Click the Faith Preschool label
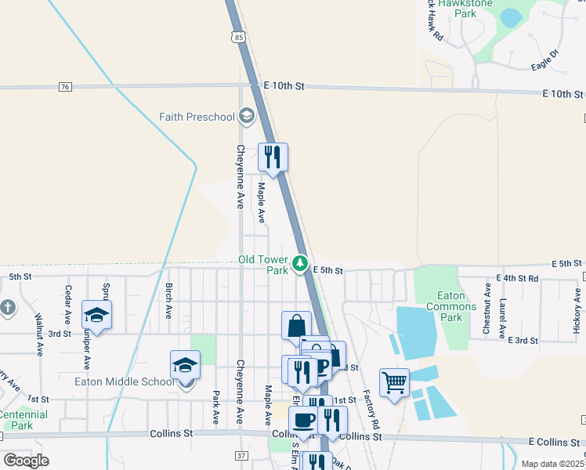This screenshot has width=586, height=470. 197,117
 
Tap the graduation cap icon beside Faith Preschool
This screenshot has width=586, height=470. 248,117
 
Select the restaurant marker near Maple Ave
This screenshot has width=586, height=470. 273,158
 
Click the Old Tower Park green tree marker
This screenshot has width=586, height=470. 300,264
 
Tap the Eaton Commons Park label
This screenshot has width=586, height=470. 450,306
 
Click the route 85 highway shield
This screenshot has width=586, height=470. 237,36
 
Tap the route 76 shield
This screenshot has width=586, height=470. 65,87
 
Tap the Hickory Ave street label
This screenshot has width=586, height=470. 577,311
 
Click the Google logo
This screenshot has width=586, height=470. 27,461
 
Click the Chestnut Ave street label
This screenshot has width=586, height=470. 487,313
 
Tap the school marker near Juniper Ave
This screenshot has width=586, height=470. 96,316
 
